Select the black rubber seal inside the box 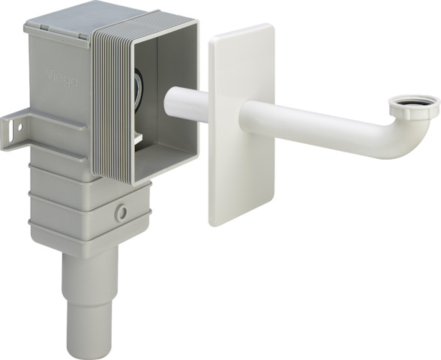143,82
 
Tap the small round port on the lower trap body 120,213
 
